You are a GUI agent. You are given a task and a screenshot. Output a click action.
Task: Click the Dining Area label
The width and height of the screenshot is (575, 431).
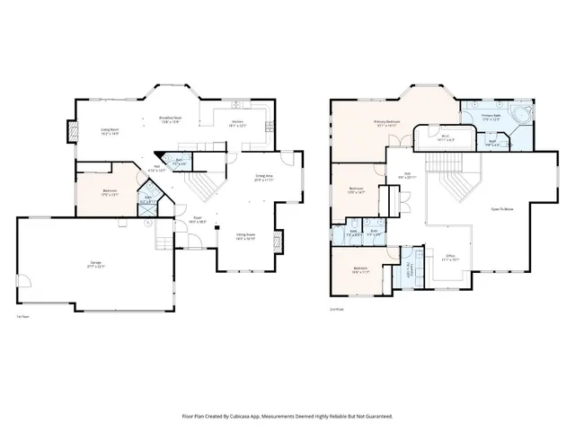pyautogui.click(x=263, y=178)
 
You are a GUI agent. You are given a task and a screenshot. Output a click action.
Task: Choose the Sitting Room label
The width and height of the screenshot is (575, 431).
pyautogui.click(x=246, y=236)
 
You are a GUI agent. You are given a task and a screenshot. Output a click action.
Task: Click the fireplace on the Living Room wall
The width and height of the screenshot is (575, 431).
pyautogui.click(x=69, y=133)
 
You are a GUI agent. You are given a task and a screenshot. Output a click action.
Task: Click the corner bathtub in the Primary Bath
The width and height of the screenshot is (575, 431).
pyautogui.click(x=522, y=116)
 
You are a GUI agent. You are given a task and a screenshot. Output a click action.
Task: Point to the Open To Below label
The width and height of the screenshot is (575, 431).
pyautogui.click(x=502, y=209)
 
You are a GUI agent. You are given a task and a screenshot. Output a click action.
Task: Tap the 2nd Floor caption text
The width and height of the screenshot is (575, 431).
pyautogui.click(x=337, y=310)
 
